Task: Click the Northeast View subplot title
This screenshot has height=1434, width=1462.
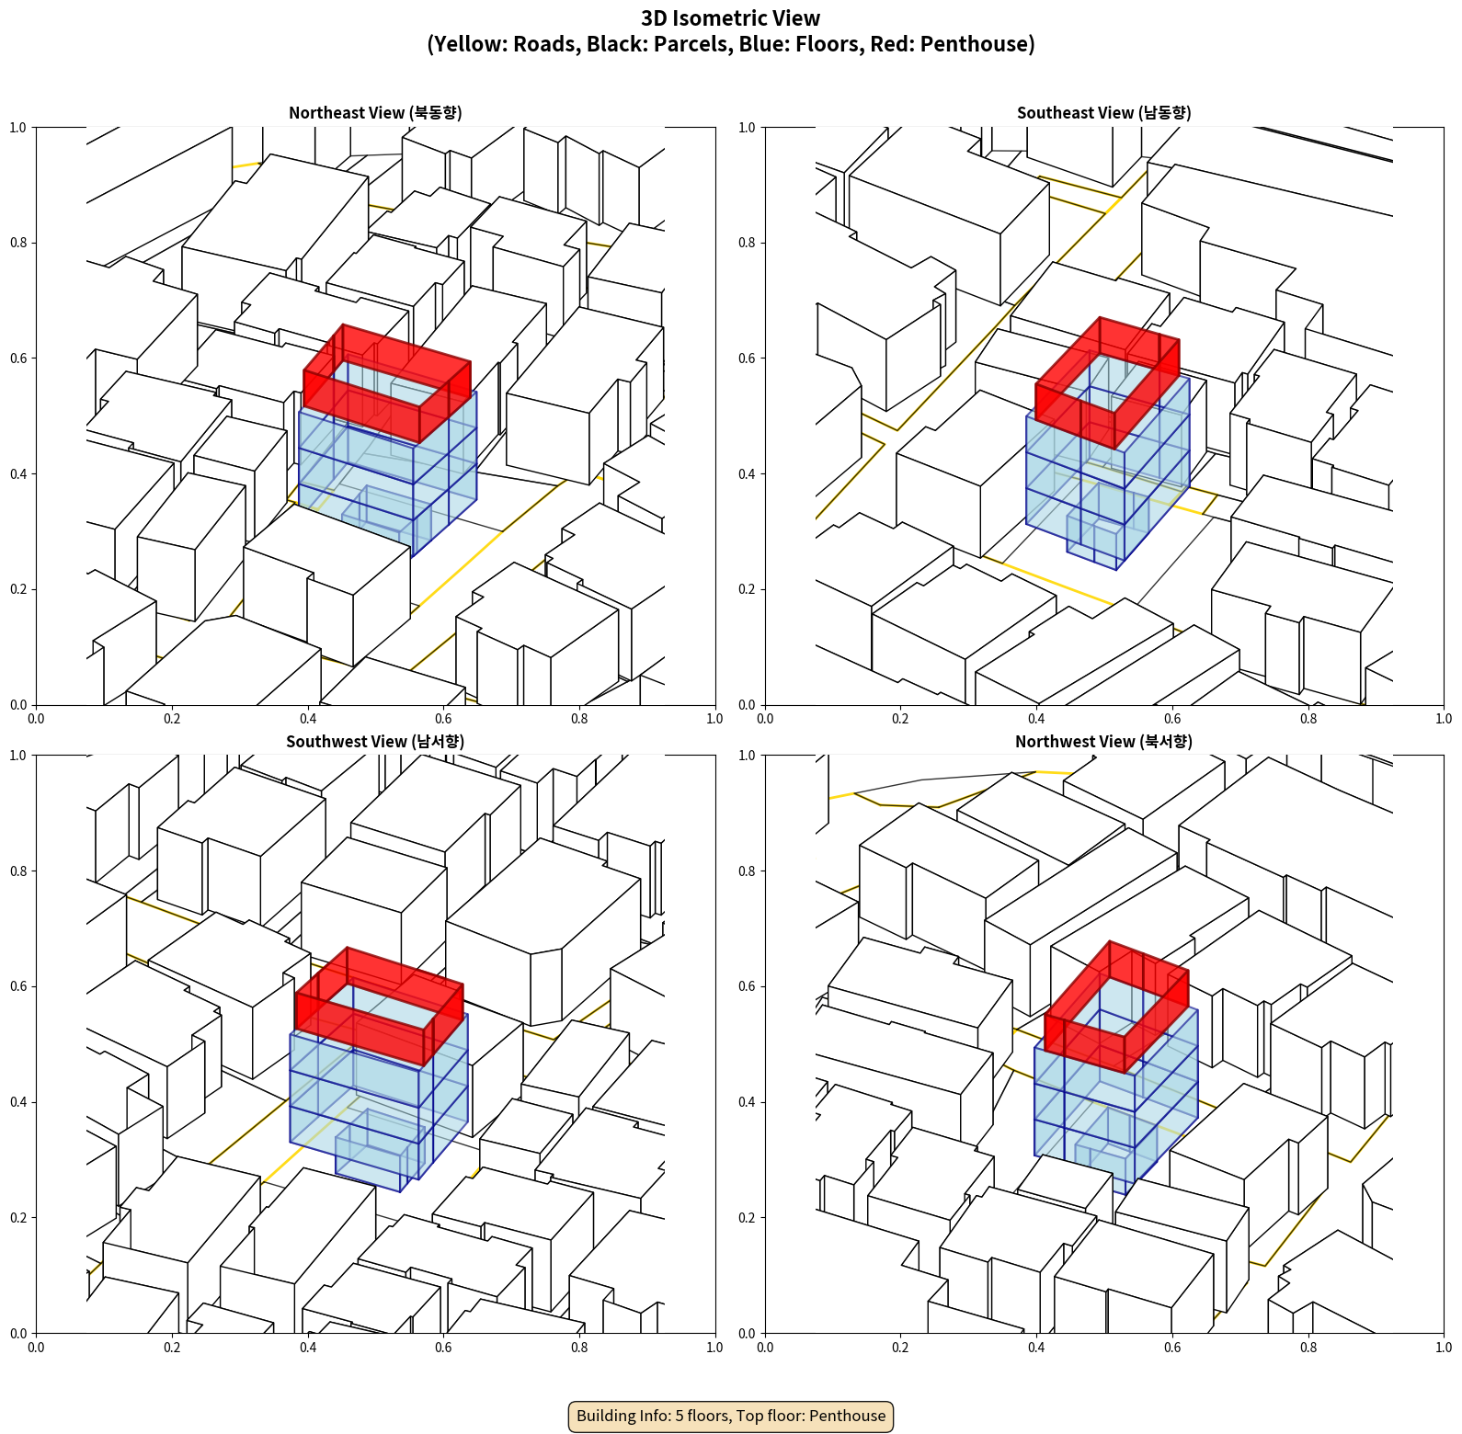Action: (375, 113)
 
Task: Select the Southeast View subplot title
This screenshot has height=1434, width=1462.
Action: (1103, 113)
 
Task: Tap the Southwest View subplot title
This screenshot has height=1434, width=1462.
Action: (375, 742)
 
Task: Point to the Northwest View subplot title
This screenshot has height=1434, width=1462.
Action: (1103, 742)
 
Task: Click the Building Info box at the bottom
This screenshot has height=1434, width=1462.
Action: (731, 1416)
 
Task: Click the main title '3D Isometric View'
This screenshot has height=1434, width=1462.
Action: (731, 18)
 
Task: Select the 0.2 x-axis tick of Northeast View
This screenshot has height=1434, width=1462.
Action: (172, 719)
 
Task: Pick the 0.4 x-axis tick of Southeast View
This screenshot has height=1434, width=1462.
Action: (1036, 719)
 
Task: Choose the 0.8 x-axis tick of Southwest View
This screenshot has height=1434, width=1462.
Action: (579, 1348)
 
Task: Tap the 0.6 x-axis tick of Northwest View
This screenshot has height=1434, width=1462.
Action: (1172, 1348)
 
